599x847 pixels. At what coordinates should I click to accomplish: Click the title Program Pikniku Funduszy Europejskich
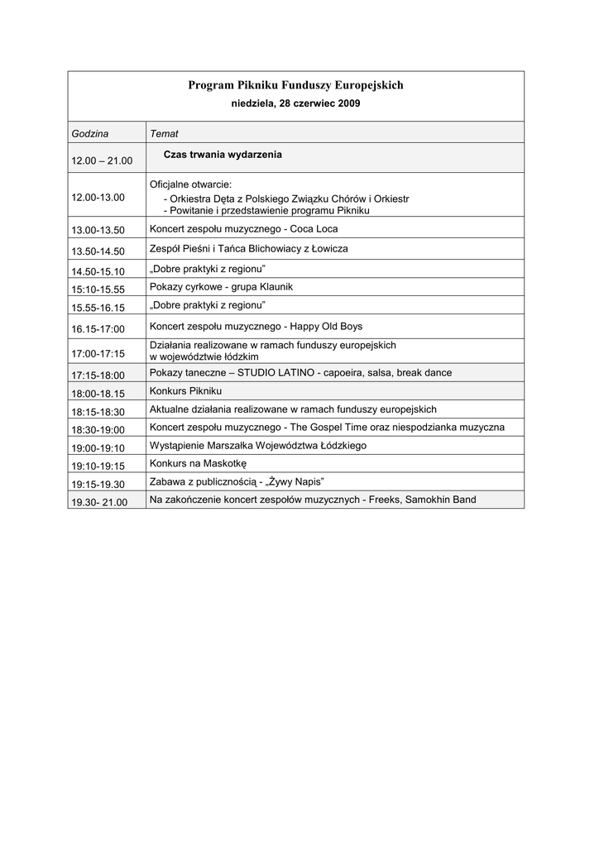pos(295,85)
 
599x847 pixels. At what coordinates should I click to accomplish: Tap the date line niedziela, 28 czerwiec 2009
pos(295,103)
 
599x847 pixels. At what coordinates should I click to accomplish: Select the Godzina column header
pos(90,133)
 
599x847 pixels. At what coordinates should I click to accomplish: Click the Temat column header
pos(164,133)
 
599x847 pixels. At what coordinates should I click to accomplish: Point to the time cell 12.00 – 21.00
pos(102,160)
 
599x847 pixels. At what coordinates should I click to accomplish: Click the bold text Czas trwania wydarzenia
pos(223,155)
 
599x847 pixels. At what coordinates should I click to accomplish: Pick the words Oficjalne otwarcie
pos(190,184)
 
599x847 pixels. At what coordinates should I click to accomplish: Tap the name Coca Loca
pos(314,228)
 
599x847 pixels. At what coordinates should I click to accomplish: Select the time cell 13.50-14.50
pos(98,251)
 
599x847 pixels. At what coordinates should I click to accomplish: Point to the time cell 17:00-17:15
pos(98,353)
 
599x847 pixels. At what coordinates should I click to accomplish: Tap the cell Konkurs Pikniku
pos(186,390)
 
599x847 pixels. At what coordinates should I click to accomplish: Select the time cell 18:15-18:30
pos(98,411)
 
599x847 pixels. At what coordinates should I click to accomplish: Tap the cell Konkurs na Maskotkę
pos(193,463)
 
